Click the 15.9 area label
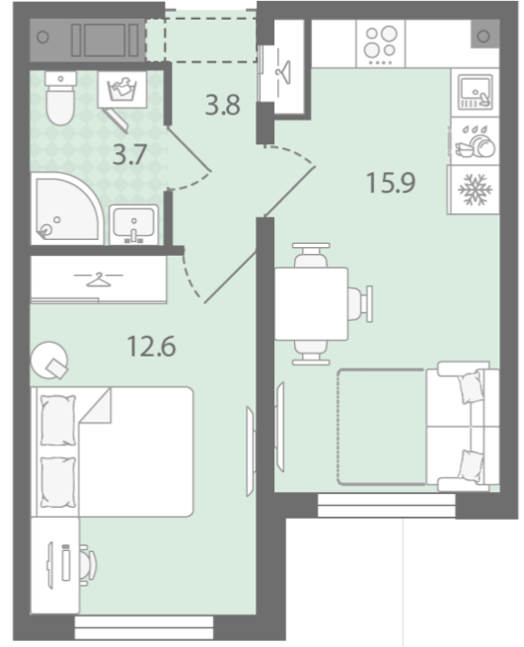[x=391, y=183]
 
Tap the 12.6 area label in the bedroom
[x=151, y=346]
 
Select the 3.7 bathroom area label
[x=130, y=155]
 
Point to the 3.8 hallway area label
[x=223, y=105]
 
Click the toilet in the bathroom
[x=60, y=98]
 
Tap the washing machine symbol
[x=122, y=90]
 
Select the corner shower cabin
[x=66, y=208]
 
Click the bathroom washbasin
[x=133, y=224]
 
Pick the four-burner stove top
[x=381, y=43]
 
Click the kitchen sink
[x=475, y=92]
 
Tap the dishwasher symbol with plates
[x=475, y=140]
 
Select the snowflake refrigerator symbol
[x=475, y=190]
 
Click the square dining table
[x=311, y=304]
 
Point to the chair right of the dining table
[x=361, y=304]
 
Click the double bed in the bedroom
[x=112, y=451]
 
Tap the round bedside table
[x=49, y=360]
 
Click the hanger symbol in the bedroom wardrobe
[x=98, y=280]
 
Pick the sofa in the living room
[x=463, y=427]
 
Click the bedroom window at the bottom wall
[x=144, y=627]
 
